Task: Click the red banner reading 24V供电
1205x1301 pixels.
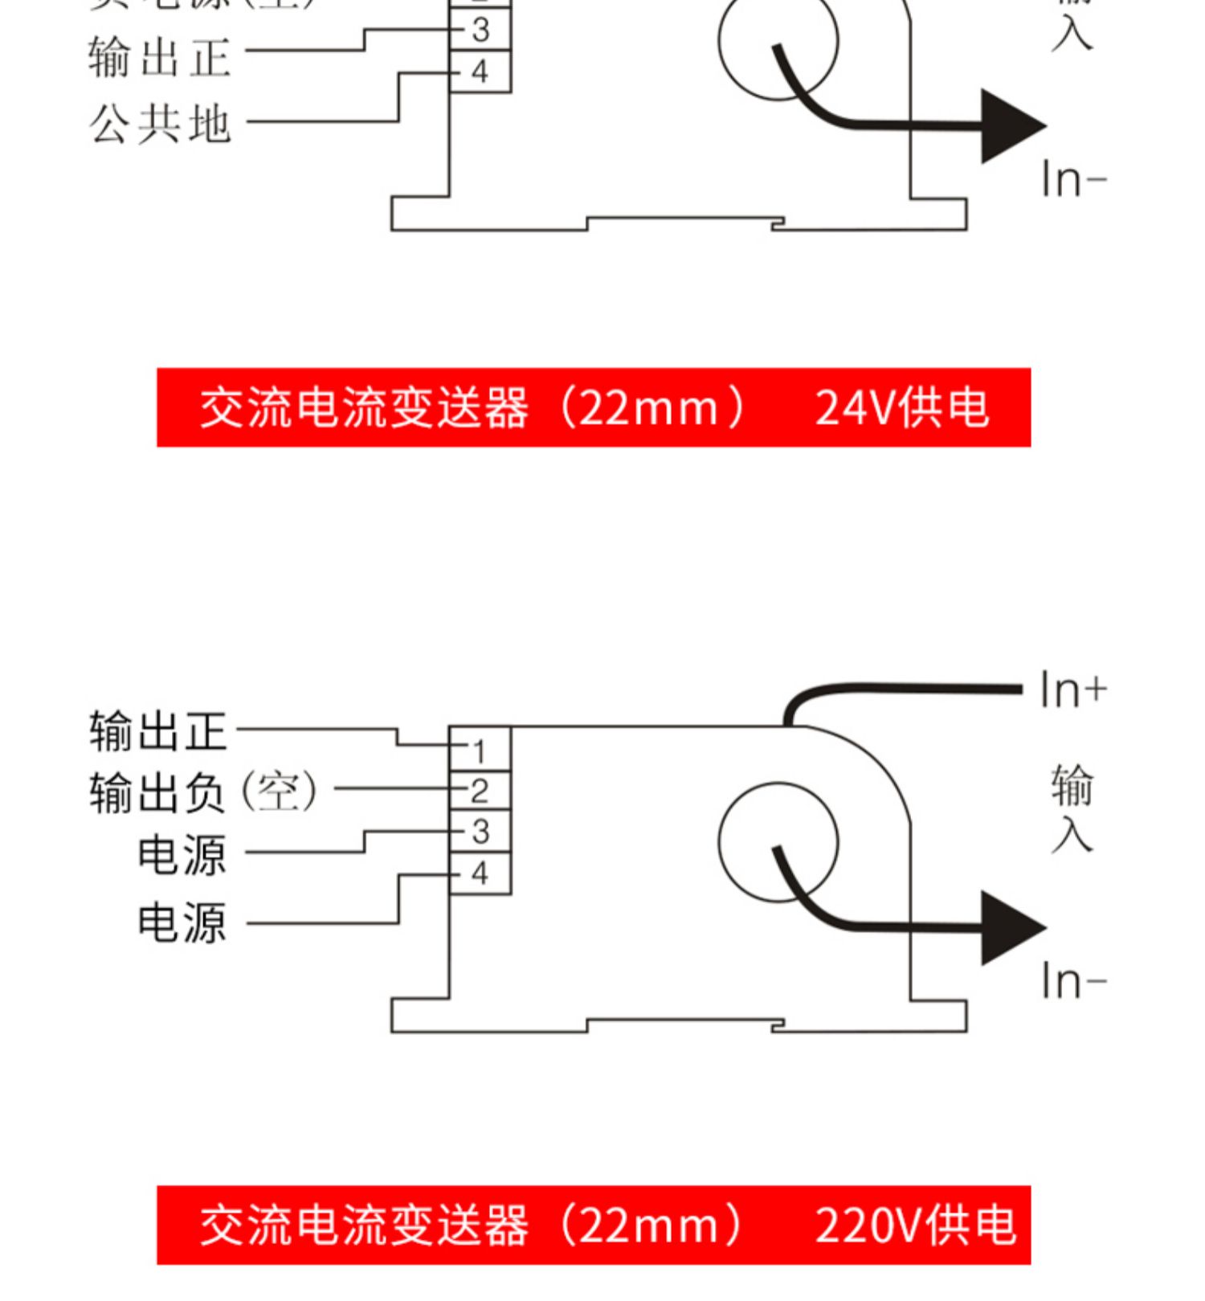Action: (594, 407)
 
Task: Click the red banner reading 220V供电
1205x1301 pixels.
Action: (594, 1225)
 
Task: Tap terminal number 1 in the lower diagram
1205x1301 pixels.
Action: (480, 751)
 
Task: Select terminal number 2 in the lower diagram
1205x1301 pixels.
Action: (480, 791)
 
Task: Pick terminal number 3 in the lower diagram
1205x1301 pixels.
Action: (480, 832)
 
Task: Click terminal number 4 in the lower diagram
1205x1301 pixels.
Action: (480, 873)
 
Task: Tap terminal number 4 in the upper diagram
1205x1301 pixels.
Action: (480, 72)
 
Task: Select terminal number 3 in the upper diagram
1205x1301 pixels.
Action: (480, 31)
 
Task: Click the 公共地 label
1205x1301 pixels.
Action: (160, 125)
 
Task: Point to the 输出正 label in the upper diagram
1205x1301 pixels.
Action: (160, 58)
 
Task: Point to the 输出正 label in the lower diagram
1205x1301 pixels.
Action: (158, 731)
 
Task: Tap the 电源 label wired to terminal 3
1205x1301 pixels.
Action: (182, 854)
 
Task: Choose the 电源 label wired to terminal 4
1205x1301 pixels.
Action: (182, 923)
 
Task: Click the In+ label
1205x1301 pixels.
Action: (1073, 690)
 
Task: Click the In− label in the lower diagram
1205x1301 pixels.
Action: (1073, 981)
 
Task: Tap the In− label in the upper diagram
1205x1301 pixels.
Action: (1073, 179)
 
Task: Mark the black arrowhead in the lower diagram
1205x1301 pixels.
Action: (1011, 927)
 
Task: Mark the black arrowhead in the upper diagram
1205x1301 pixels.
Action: (1011, 126)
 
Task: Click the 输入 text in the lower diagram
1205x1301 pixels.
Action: (1072, 808)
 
